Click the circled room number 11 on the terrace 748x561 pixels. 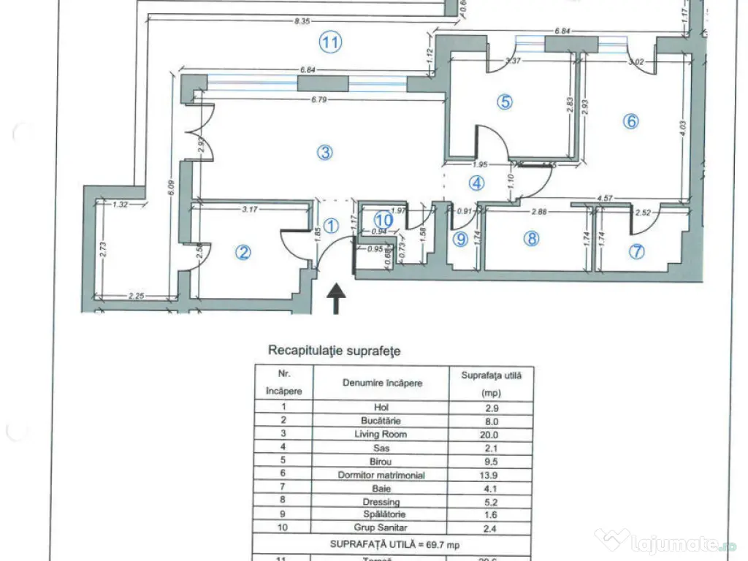[x=330, y=43]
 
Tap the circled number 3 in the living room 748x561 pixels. [x=325, y=152]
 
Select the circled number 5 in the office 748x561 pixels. [x=503, y=102]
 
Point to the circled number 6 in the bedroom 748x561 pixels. [x=630, y=121]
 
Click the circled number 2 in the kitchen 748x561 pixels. [x=243, y=252]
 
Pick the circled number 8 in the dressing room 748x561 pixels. [x=532, y=239]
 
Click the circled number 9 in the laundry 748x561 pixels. [x=459, y=239]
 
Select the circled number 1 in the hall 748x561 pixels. [x=331, y=226]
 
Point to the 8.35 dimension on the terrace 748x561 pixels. [x=302, y=22]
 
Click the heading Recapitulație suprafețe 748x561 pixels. [x=335, y=351]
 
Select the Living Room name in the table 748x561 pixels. [x=381, y=435]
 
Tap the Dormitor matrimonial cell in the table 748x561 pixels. [x=381, y=475]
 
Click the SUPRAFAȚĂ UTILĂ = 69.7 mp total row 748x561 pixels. [x=394, y=544]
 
